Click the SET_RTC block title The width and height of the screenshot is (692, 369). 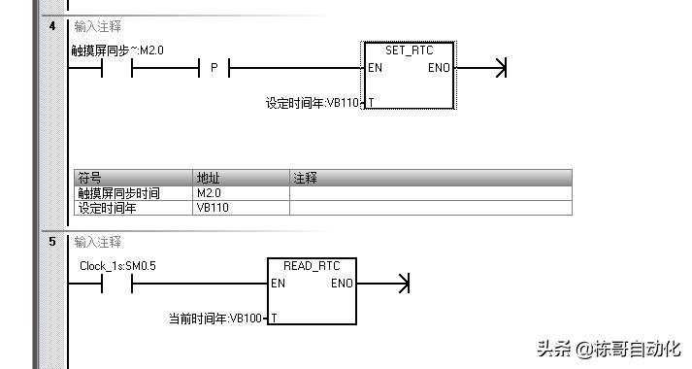[408, 50]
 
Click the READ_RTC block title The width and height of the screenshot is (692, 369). [311, 265]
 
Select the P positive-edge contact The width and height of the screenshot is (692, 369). [214, 69]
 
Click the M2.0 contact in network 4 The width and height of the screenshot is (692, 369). [116, 69]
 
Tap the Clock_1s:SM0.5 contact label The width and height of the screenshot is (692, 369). [117, 265]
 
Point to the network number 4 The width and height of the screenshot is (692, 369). [52, 26]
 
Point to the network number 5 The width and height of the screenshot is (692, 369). [52, 241]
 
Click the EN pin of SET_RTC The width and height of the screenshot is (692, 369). [376, 69]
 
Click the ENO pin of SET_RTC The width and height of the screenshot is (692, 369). [439, 69]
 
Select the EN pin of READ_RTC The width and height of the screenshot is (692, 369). [279, 284]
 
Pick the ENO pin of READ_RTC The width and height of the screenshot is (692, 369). [342, 284]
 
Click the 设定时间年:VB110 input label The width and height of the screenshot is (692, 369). [311, 102]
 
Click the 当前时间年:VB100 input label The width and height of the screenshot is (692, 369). [214, 318]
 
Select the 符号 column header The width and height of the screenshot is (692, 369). [89, 179]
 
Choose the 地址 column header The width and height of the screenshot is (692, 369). [209, 179]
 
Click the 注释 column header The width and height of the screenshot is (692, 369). [306, 179]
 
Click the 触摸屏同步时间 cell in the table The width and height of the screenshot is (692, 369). [118, 193]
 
